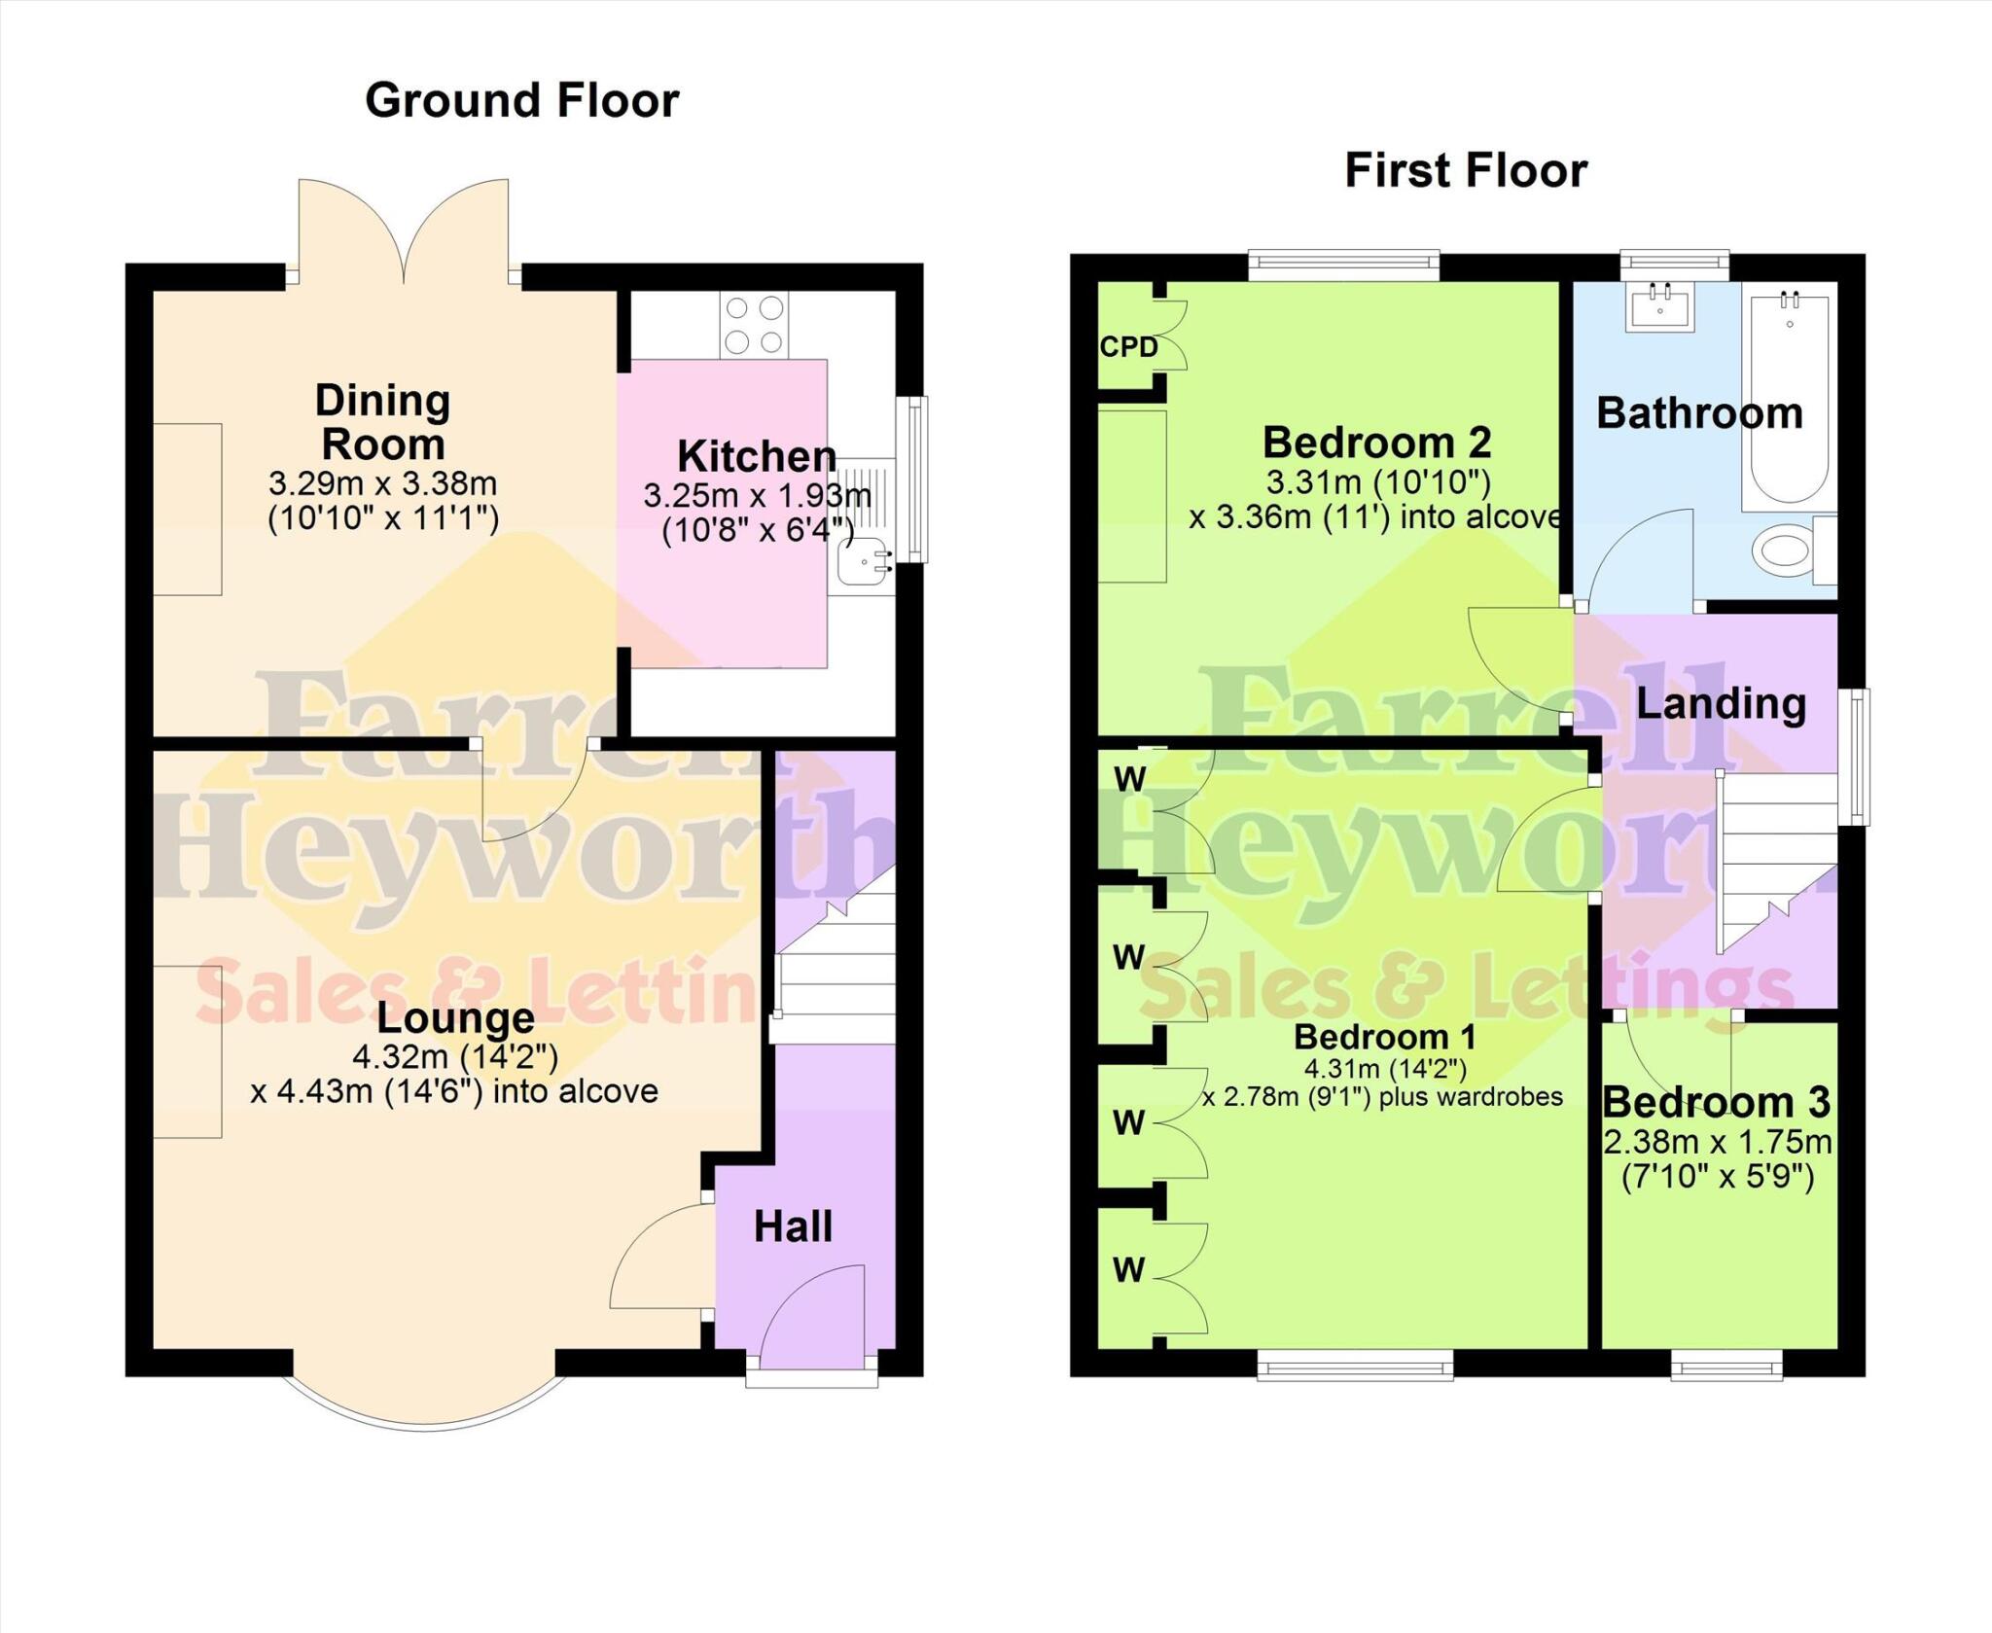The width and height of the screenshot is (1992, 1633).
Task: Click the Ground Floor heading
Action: [x=521, y=101]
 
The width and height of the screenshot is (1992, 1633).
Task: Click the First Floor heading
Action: [x=1465, y=171]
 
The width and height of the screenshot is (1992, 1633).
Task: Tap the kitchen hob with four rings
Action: [x=754, y=326]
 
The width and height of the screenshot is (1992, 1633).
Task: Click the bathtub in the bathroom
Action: [x=1789, y=399]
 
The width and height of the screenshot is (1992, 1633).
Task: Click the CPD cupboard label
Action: [x=1128, y=347]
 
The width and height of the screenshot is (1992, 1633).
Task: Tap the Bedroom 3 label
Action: [x=1716, y=1102]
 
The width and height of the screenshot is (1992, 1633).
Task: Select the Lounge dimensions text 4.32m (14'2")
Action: [x=455, y=1055]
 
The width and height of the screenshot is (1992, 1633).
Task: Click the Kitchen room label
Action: [x=756, y=455]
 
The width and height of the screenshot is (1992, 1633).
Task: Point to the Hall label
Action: [x=793, y=1226]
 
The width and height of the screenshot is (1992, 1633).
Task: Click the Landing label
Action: [x=1721, y=703]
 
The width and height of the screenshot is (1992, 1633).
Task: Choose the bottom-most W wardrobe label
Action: [x=1128, y=1269]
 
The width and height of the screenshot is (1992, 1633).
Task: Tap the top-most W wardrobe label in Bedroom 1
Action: [x=1129, y=778]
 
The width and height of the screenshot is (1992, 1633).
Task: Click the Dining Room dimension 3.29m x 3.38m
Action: [x=382, y=482]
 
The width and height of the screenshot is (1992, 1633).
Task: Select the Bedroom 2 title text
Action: [x=1376, y=443]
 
